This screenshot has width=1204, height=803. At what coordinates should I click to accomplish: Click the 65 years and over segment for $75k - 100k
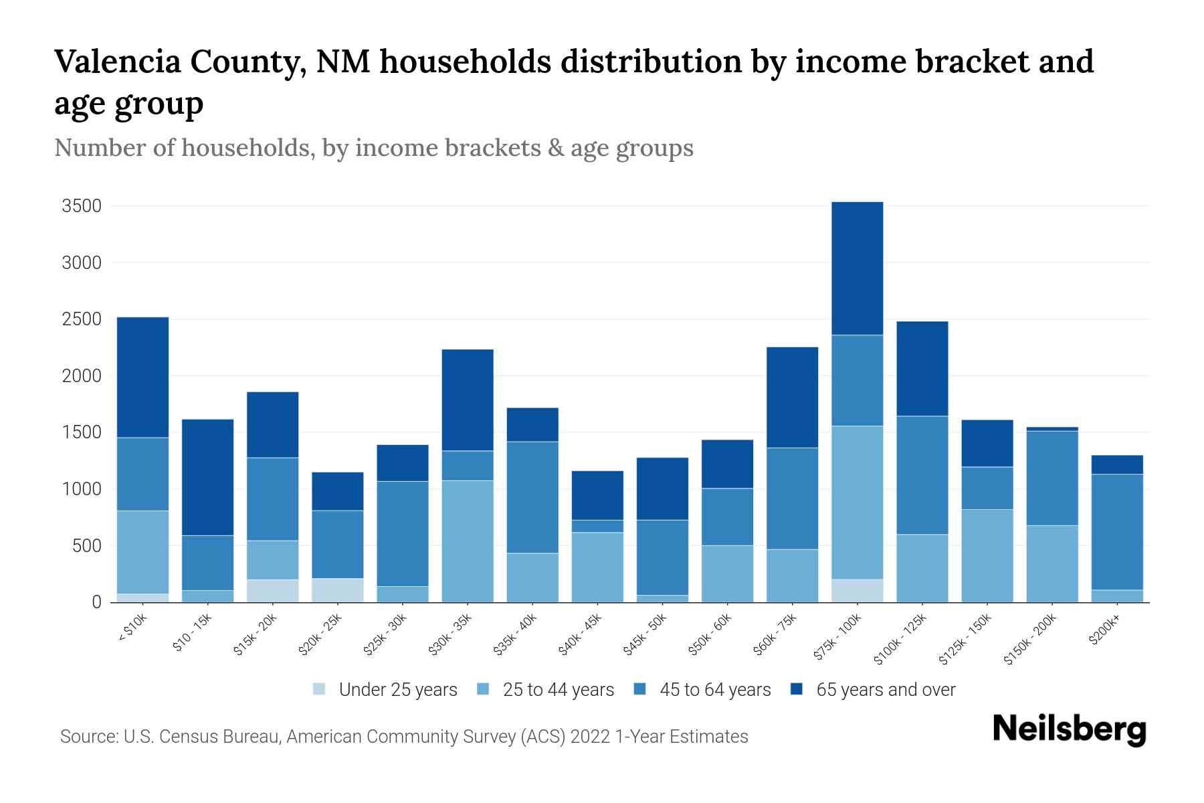(x=857, y=268)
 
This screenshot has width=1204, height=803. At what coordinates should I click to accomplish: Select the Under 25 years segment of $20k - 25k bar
(x=338, y=590)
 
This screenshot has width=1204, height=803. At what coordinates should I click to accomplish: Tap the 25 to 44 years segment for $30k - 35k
(x=468, y=541)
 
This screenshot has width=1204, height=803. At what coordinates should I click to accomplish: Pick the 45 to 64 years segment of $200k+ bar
(x=1116, y=532)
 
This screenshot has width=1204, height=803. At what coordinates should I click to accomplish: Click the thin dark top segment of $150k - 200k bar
(x=1051, y=429)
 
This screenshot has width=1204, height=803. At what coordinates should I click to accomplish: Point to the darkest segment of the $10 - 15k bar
(x=208, y=477)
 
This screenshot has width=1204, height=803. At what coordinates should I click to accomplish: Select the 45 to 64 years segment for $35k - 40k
(x=532, y=497)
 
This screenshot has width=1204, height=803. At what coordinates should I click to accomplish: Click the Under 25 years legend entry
(x=397, y=690)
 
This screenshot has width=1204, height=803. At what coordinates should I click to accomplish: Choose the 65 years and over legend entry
(x=885, y=690)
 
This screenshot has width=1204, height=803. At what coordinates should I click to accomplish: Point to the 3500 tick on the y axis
(x=82, y=206)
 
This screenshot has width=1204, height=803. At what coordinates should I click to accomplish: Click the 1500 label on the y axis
(x=82, y=433)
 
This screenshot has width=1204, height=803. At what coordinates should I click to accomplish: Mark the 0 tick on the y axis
(x=96, y=602)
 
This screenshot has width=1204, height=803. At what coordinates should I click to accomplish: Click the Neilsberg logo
(x=1069, y=729)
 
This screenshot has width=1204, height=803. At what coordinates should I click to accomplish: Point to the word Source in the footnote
(x=87, y=737)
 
